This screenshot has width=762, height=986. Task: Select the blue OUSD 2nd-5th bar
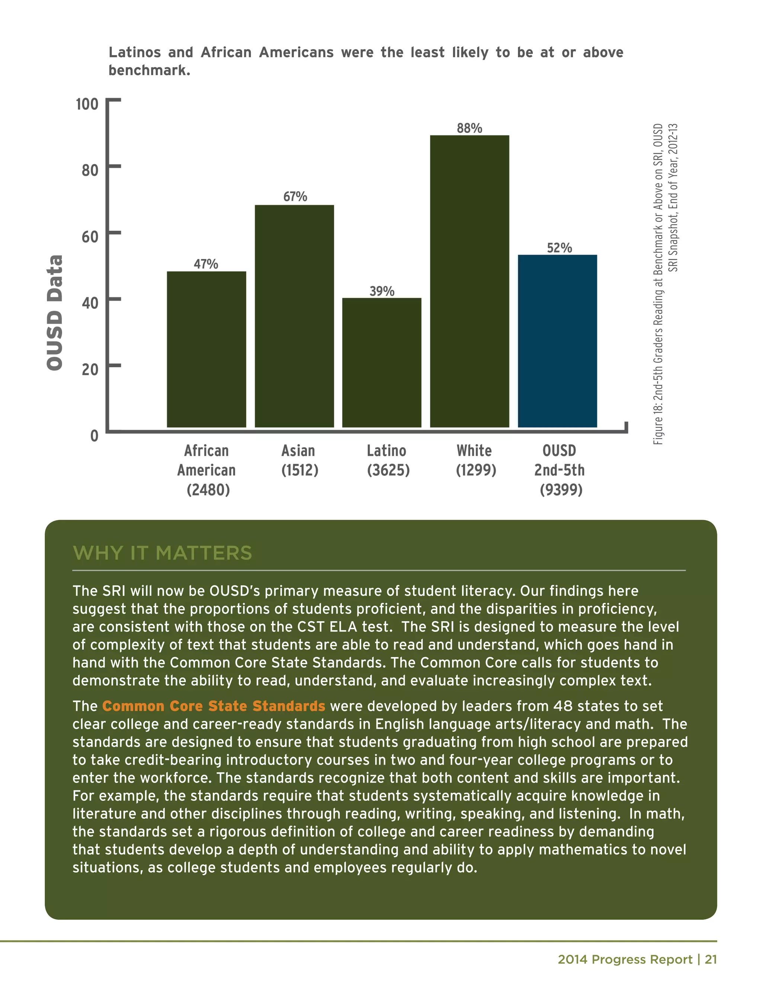tap(557, 341)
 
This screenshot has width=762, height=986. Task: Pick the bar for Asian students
tap(294, 316)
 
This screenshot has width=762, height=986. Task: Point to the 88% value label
tap(470, 128)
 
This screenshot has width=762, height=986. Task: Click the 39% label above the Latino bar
tap(382, 291)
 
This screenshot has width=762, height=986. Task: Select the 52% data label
tap(559, 248)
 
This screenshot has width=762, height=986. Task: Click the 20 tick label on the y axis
tap(90, 370)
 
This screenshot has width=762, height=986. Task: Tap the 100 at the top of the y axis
tap(87, 104)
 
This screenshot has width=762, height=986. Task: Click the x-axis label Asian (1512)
tap(299, 460)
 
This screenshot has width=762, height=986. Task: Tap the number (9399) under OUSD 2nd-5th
tap(561, 490)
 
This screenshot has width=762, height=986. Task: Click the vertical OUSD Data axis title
tap(55, 313)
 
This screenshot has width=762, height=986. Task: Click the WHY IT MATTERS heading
tap(163, 553)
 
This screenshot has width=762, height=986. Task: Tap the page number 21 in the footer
tap(711, 959)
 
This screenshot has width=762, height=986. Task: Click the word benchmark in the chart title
tap(149, 70)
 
